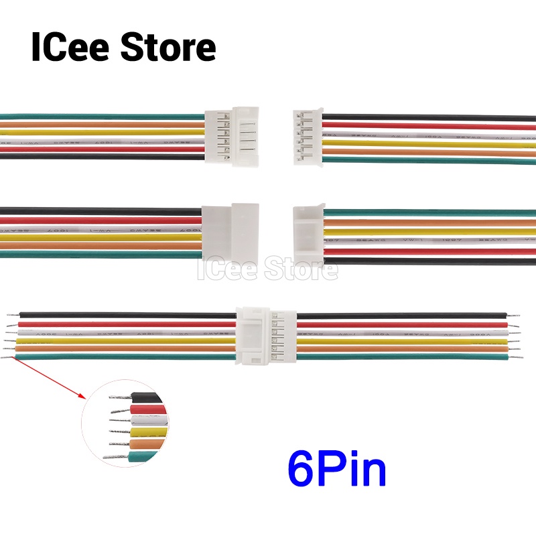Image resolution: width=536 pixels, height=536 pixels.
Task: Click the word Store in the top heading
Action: coord(168,48)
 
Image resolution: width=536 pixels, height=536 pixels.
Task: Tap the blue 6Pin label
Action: coord(337,468)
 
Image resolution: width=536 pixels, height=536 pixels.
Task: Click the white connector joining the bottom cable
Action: coord(266,335)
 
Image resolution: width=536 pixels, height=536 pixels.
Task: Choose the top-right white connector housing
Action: coord(309,138)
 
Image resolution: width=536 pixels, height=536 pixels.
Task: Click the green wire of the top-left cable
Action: coord(100,115)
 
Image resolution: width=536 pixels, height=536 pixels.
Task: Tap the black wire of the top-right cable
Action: coord(429,118)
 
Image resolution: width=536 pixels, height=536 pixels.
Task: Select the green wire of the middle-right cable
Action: coord(429,212)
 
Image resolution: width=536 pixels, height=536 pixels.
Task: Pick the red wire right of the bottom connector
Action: coord(402,324)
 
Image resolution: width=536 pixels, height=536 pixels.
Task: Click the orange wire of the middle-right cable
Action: coord(429,222)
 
